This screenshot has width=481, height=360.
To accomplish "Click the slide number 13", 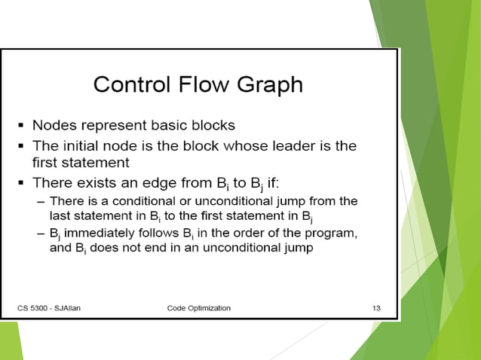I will pos(376,308).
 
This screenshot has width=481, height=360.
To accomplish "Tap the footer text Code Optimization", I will pos(199,308).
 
